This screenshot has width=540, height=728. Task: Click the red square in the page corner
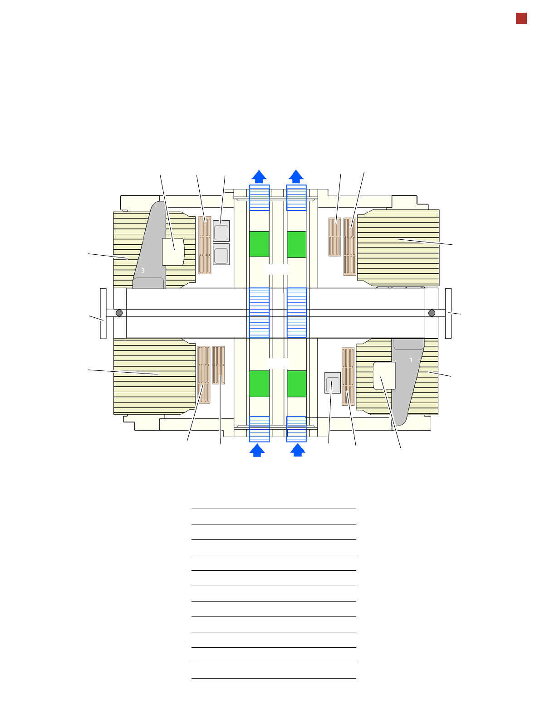[x=521, y=19]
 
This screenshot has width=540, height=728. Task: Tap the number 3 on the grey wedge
[x=142, y=271]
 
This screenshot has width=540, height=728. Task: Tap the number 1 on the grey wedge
[x=411, y=360]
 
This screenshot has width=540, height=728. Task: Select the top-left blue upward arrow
[x=259, y=177]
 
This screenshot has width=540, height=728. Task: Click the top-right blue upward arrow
[x=296, y=177]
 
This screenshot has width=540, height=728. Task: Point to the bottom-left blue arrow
[x=257, y=450]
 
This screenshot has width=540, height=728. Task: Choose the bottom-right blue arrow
[x=297, y=450]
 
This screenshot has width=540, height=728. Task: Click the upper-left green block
[x=259, y=244]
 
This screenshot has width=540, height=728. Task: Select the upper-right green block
[x=296, y=244]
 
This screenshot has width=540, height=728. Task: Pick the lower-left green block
[x=259, y=383]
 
